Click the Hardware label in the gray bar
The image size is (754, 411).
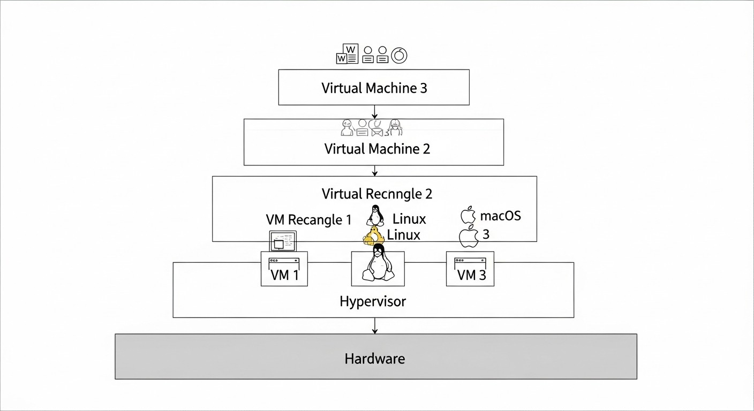click(374, 358)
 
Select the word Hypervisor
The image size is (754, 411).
click(373, 301)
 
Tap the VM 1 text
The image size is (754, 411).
click(284, 275)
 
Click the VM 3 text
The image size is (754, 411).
click(471, 275)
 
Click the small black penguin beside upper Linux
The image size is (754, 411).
click(375, 215)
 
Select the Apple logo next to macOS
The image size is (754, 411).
click(468, 215)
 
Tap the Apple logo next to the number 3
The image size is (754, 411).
click(468, 236)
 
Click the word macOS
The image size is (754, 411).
click(500, 216)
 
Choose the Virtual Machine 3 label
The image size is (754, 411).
click(374, 88)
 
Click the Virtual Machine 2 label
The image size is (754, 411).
click(377, 148)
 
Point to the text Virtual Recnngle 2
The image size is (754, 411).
click(376, 194)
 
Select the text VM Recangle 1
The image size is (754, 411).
click(308, 219)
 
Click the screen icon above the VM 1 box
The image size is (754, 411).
click(282, 241)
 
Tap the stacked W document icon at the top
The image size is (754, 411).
click(347, 55)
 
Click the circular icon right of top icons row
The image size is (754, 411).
click(399, 55)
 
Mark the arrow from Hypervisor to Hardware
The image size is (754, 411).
click(374, 325)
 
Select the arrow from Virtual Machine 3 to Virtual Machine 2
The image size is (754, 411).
click(374, 112)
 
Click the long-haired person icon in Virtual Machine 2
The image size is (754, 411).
click(396, 127)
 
